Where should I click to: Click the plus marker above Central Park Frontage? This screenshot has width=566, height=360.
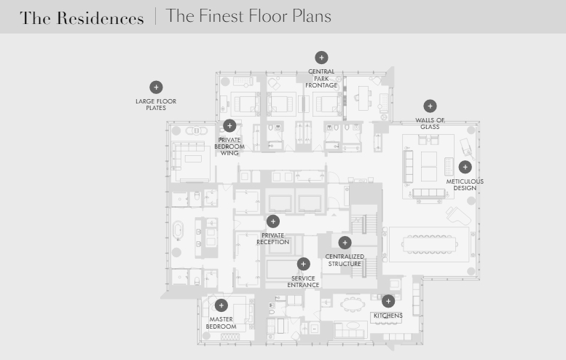[321, 58]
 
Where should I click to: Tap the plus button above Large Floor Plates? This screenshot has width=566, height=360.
[156, 87]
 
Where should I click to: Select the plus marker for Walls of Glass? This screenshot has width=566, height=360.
[430, 106]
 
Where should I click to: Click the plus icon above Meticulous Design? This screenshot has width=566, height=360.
[465, 167]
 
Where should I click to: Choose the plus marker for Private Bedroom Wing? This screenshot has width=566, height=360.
[229, 125]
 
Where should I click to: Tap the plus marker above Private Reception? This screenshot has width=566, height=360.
[273, 222]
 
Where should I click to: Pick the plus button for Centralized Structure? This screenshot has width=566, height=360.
[345, 243]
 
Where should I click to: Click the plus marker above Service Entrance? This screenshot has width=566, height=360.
[303, 264]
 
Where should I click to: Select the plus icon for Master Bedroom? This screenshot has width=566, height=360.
[221, 305]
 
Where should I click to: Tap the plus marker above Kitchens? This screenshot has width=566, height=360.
[388, 301]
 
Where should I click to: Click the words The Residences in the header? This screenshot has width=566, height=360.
[82, 18]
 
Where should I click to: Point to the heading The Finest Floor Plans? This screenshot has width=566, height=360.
[248, 16]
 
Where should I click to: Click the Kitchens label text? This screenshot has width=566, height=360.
[388, 316]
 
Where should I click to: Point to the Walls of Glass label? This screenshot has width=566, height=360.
[430, 123]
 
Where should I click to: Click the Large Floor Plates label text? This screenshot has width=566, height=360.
[156, 104]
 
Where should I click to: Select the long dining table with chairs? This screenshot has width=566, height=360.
[429, 244]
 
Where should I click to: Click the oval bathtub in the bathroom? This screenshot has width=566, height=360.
[178, 231]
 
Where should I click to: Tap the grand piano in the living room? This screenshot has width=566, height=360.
[458, 216]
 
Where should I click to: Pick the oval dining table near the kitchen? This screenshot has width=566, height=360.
[353, 305]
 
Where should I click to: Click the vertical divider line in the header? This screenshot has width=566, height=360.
[156, 16]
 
